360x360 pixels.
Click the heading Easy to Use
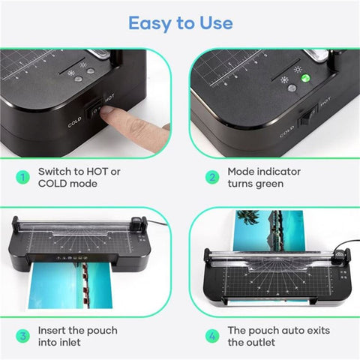tap(181, 23)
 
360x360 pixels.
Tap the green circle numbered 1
tap(22, 177)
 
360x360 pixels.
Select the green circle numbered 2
tap(212, 177)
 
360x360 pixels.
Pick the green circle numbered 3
tap(22, 336)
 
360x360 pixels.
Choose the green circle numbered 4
tap(212, 336)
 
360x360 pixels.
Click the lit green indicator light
tap(305, 78)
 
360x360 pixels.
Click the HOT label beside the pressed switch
tap(109, 97)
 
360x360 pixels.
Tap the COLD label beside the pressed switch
tap(74, 121)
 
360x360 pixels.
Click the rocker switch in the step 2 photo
tap(307, 116)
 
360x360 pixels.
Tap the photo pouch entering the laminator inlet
tap(70, 285)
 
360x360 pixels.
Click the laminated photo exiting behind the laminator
tap(268, 230)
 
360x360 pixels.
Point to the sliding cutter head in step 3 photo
tap(136, 222)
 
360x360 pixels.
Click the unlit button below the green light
tap(292, 88)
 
